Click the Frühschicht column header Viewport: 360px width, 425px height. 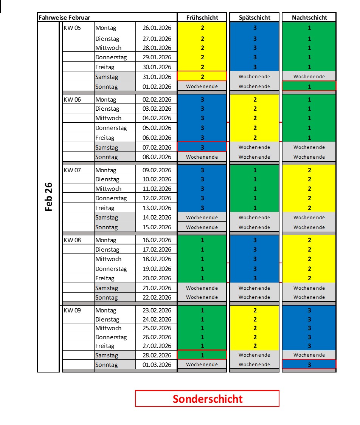pyautogui.click(x=202, y=17)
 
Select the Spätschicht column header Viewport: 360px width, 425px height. pyautogui.click(x=254, y=17)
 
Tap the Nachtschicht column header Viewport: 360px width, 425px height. pyautogui.click(x=309, y=17)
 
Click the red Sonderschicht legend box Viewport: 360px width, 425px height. pyautogui.click(x=207, y=399)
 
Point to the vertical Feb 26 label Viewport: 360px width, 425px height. pyautogui.click(x=48, y=197)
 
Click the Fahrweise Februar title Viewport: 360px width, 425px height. pyautogui.click(x=64, y=17)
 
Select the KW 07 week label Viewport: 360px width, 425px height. pyautogui.click(x=72, y=170)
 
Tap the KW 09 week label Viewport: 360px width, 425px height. pyautogui.click(x=72, y=310)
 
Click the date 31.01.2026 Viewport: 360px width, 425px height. pyautogui.click(x=157, y=77)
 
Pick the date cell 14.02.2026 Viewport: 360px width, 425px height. pyautogui.click(x=157, y=218)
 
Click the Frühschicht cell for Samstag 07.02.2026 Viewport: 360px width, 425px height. pyautogui.click(x=202, y=147)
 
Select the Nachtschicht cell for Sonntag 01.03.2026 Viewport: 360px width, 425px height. pyautogui.click(x=309, y=364)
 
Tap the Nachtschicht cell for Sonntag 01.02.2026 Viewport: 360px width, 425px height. pyautogui.click(x=309, y=86)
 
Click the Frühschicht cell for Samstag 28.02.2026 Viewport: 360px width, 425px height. pyautogui.click(x=202, y=355)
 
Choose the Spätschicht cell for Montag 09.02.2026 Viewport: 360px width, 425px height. pyautogui.click(x=254, y=170)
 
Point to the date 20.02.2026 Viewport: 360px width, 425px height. pyautogui.click(x=157, y=278)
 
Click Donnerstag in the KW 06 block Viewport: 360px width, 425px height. pyautogui.click(x=111, y=128)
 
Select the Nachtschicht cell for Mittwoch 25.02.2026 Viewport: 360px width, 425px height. pyautogui.click(x=309, y=328)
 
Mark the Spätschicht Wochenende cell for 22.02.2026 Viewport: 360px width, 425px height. pyautogui.click(x=254, y=297)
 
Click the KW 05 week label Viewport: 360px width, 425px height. pyautogui.click(x=72, y=28)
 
